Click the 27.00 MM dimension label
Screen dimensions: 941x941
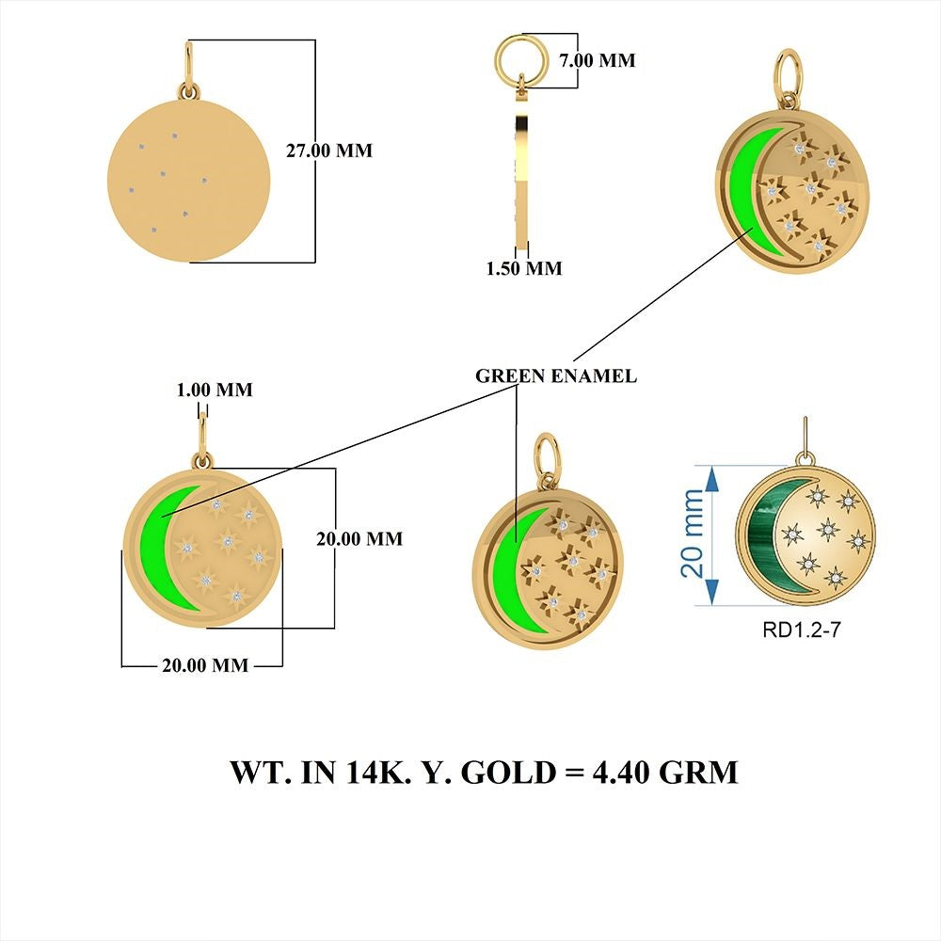(328, 151)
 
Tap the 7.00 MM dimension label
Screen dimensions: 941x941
(598, 60)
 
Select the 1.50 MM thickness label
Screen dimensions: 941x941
(524, 268)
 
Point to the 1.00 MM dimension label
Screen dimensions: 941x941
(215, 391)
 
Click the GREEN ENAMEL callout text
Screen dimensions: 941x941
(556, 376)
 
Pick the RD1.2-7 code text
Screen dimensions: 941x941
(801, 630)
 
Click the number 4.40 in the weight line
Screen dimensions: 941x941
(621, 772)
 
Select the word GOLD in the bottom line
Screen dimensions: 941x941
(508, 772)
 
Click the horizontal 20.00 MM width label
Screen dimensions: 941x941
(205, 665)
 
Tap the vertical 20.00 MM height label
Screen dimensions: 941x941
(359, 539)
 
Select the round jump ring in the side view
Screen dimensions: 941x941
(520, 60)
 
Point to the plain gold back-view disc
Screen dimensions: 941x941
(189, 181)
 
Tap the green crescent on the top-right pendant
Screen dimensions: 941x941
(744, 191)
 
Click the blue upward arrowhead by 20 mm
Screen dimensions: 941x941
(710, 478)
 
